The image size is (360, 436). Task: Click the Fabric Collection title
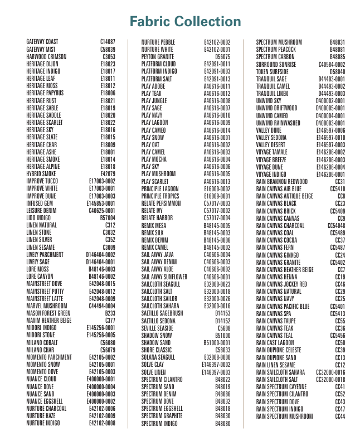185,22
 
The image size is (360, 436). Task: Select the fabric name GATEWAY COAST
42,42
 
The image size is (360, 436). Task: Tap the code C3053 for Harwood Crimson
109,57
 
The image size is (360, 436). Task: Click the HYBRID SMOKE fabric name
41,173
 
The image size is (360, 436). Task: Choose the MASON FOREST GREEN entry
49,313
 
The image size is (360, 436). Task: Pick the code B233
110,313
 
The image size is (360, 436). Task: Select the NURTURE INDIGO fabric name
43,423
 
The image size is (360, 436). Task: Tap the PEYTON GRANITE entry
158,57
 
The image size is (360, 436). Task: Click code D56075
222,57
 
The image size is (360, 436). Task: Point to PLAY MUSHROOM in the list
158,173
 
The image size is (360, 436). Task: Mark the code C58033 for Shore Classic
222,350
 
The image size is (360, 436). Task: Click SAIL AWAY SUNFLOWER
164,276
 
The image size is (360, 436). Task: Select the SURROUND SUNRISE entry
276,64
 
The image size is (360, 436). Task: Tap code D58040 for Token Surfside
337,71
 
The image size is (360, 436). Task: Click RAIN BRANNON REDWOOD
281,181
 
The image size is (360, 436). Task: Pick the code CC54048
336,225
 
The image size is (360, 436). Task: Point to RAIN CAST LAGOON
275,343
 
